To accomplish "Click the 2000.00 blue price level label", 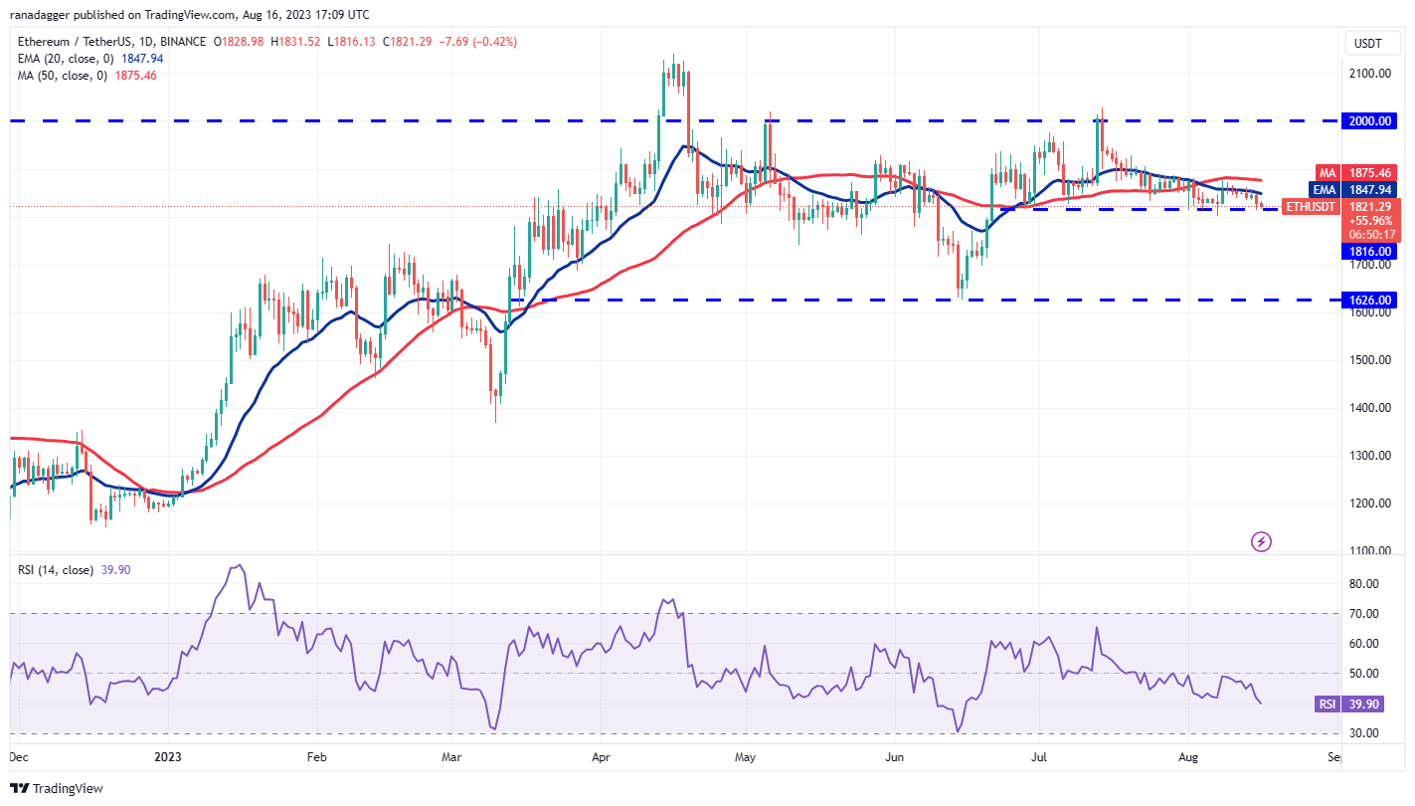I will [x=1370, y=120].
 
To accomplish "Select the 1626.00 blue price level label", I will [x=1370, y=300].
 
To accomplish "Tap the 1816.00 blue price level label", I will [x=1370, y=252].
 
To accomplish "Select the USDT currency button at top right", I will [x=1370, y=43].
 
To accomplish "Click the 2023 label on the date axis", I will [x=167, y=757].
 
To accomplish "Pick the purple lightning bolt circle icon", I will [x=1261, y=541].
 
